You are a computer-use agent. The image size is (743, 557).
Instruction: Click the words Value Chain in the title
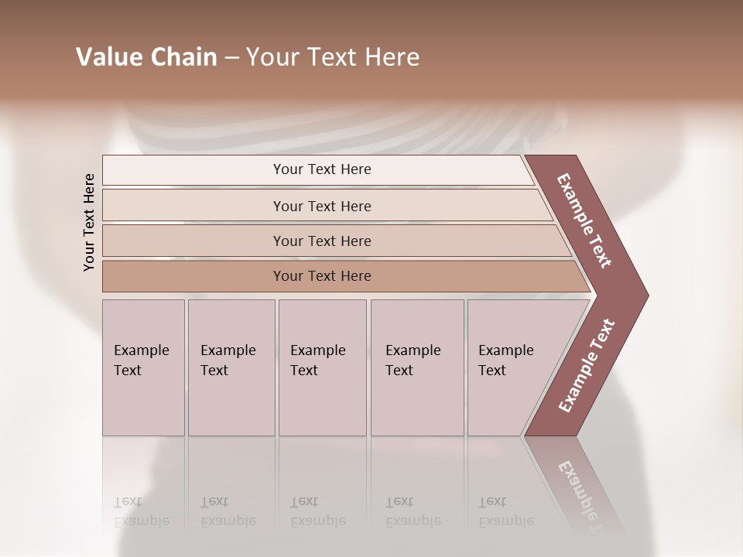146,57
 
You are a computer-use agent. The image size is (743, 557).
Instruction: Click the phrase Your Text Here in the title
333,57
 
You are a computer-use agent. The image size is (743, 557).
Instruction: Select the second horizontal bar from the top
322,206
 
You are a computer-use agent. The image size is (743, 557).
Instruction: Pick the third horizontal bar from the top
322,241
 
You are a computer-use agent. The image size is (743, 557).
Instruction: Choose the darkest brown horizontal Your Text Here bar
322,276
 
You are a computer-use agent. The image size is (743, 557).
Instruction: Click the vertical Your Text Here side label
89,222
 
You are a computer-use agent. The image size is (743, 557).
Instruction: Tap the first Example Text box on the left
143,367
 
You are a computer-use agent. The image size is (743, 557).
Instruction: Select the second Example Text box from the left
231,367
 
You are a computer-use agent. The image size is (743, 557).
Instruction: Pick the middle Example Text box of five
322,367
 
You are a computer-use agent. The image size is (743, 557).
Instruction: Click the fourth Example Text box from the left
417,367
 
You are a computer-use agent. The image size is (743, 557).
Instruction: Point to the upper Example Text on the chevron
584,220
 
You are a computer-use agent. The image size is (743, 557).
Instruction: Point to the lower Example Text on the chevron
587,365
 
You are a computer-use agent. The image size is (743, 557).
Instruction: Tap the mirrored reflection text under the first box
141,511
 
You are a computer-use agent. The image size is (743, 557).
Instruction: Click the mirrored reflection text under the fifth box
505,511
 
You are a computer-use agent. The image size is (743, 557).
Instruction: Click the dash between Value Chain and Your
231,58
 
